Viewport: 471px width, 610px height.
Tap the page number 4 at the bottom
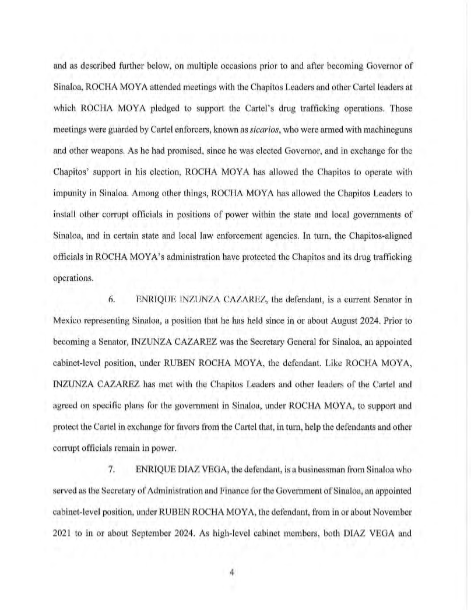(x=232, y=573)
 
